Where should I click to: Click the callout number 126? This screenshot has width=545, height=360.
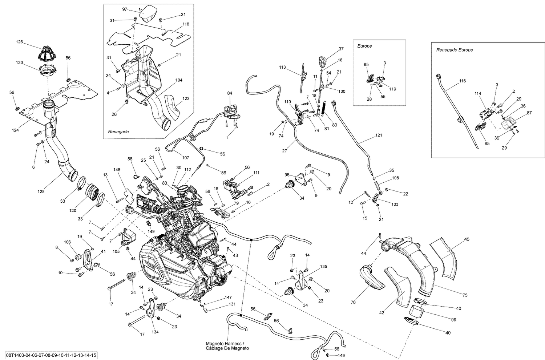click(19, 42)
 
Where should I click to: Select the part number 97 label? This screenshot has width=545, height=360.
click(125, 9)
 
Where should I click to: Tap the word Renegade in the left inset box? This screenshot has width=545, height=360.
click(118, 132)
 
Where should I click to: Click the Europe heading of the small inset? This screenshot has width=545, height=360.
click(364, 46)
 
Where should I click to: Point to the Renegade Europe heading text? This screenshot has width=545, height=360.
click(455, 50)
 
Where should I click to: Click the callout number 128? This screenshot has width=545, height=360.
click(41, 191)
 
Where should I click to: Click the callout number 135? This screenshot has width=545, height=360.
click(323, 266)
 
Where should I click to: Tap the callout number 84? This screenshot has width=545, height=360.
click(229, 93)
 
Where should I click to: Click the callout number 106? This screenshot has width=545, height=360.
click(67, 242)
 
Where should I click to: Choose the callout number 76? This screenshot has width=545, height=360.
click(353, 302)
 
